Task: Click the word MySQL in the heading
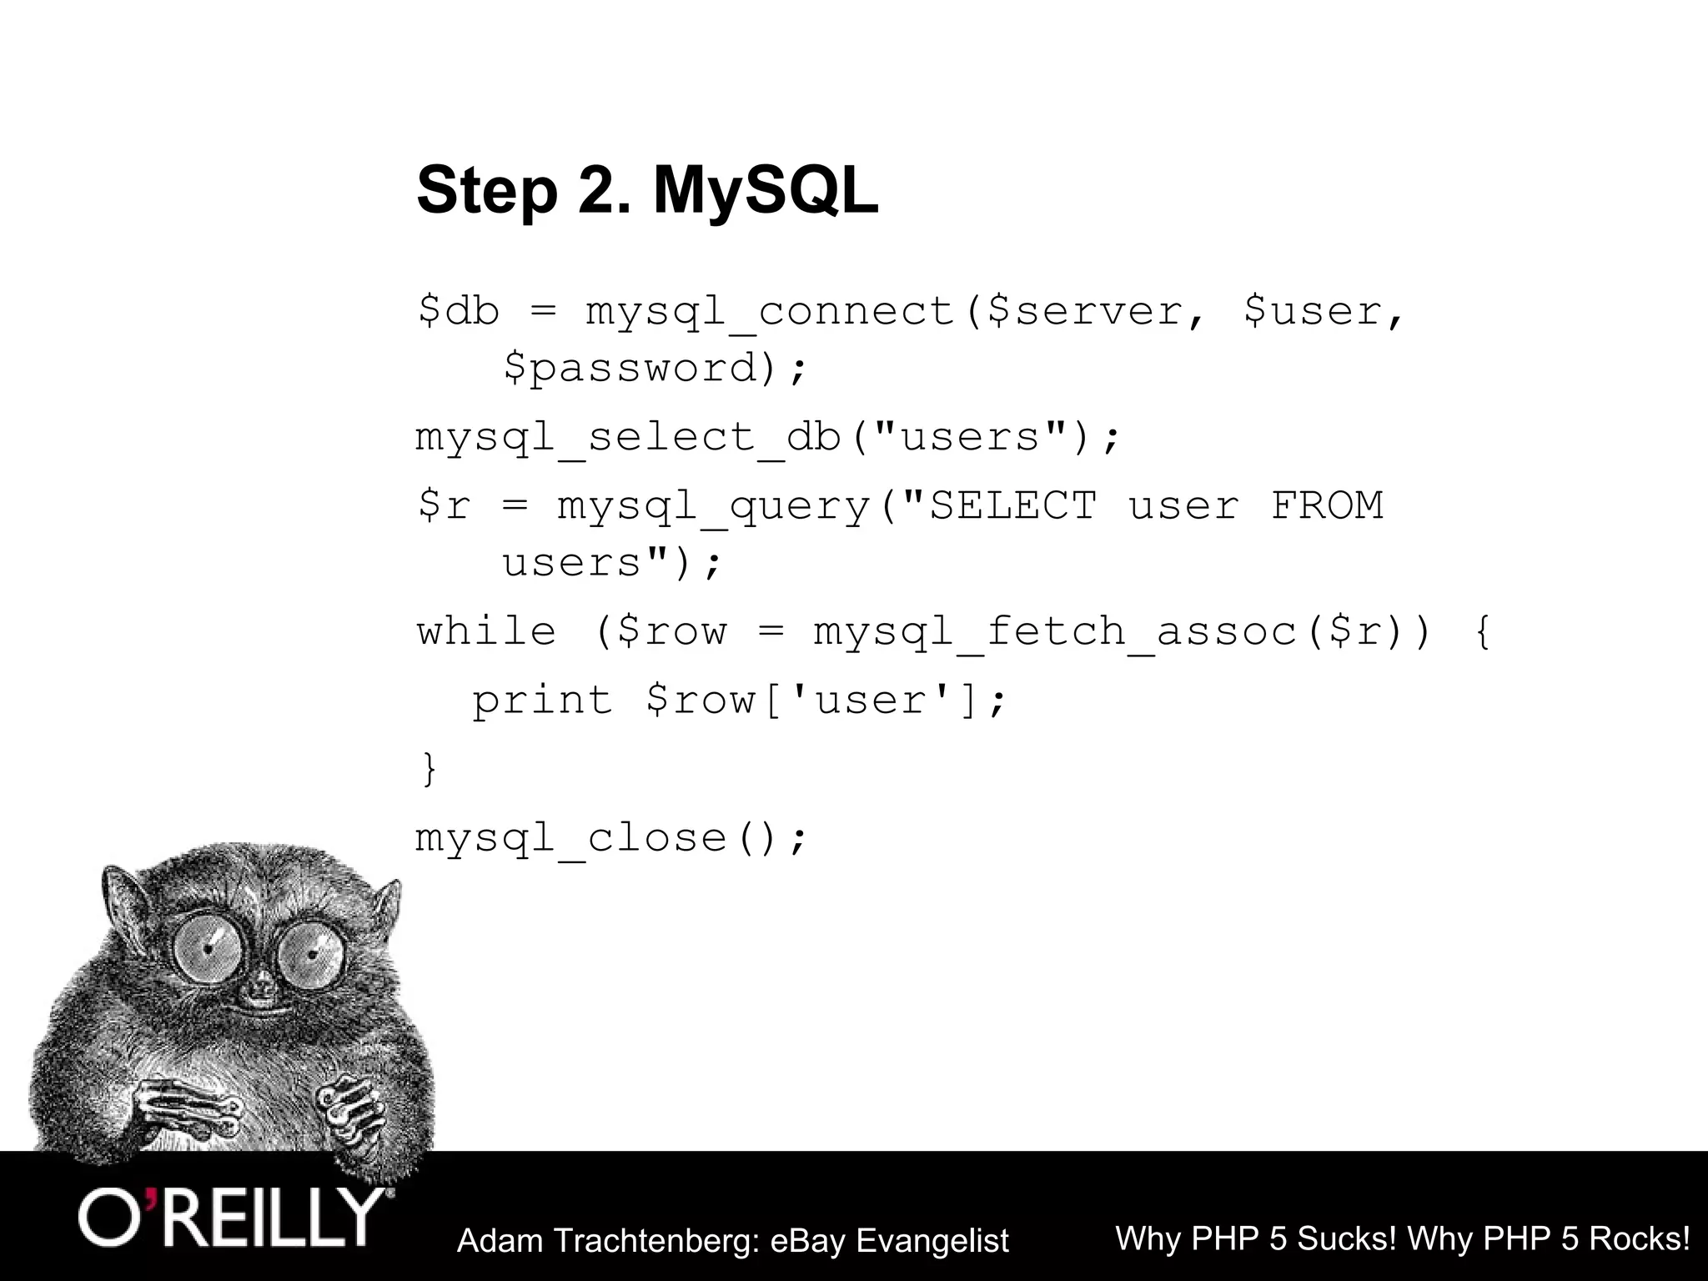pos(765,191)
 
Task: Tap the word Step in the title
pos(486,191)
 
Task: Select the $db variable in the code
pos(458,311)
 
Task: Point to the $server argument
pos(1084,311)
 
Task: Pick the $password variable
pos(630,368)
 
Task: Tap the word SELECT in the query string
pos(1012,505)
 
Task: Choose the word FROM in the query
pos(1326,505)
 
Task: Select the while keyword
pos(486,631)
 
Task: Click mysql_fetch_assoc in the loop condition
pos(1055,631)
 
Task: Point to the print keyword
pos(542,700)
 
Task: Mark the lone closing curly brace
pos(429,768)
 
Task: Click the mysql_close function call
pos(611,837)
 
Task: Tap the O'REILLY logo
pos(234,1218)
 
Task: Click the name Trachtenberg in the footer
pos(655,1241)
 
